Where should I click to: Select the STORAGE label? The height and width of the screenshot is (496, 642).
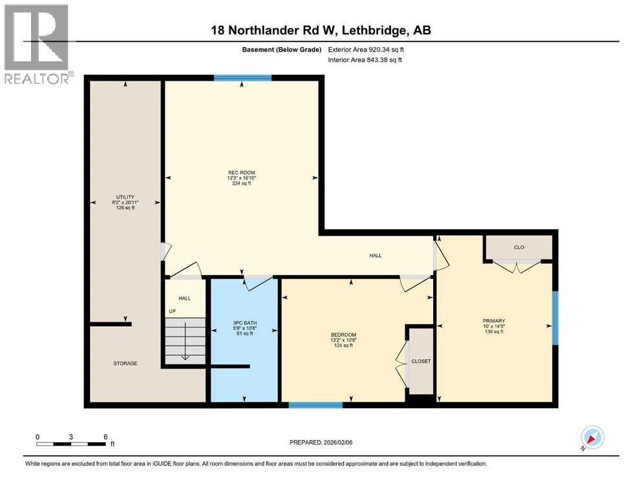pyautogui.click(x=125, y=364)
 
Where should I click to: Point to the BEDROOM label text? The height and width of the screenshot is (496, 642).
pyautogui.click(x=343, y=334)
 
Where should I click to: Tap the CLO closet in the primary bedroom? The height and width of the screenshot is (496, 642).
pyautogui.click(x=519, y=247)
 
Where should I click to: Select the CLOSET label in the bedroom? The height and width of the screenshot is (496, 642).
pyautogui.click(x=420, y=362)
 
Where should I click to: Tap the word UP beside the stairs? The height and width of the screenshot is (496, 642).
pyautogui.click(x=172, y=311)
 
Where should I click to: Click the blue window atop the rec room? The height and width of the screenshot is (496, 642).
pyautogui.click(x=242, y=78)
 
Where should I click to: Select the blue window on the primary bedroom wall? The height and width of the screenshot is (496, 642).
pyautogui.click(x=555, y=318)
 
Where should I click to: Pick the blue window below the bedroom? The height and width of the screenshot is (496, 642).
pyautogui.click(x=315, y=405)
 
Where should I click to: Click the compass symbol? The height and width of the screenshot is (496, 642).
pyautogui.click(x=592, y=439)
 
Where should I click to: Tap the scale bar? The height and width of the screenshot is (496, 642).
pyautogui.click(x=71, y=444)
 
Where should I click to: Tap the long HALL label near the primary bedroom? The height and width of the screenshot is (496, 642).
pyautogui.click(x=375, y=256)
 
